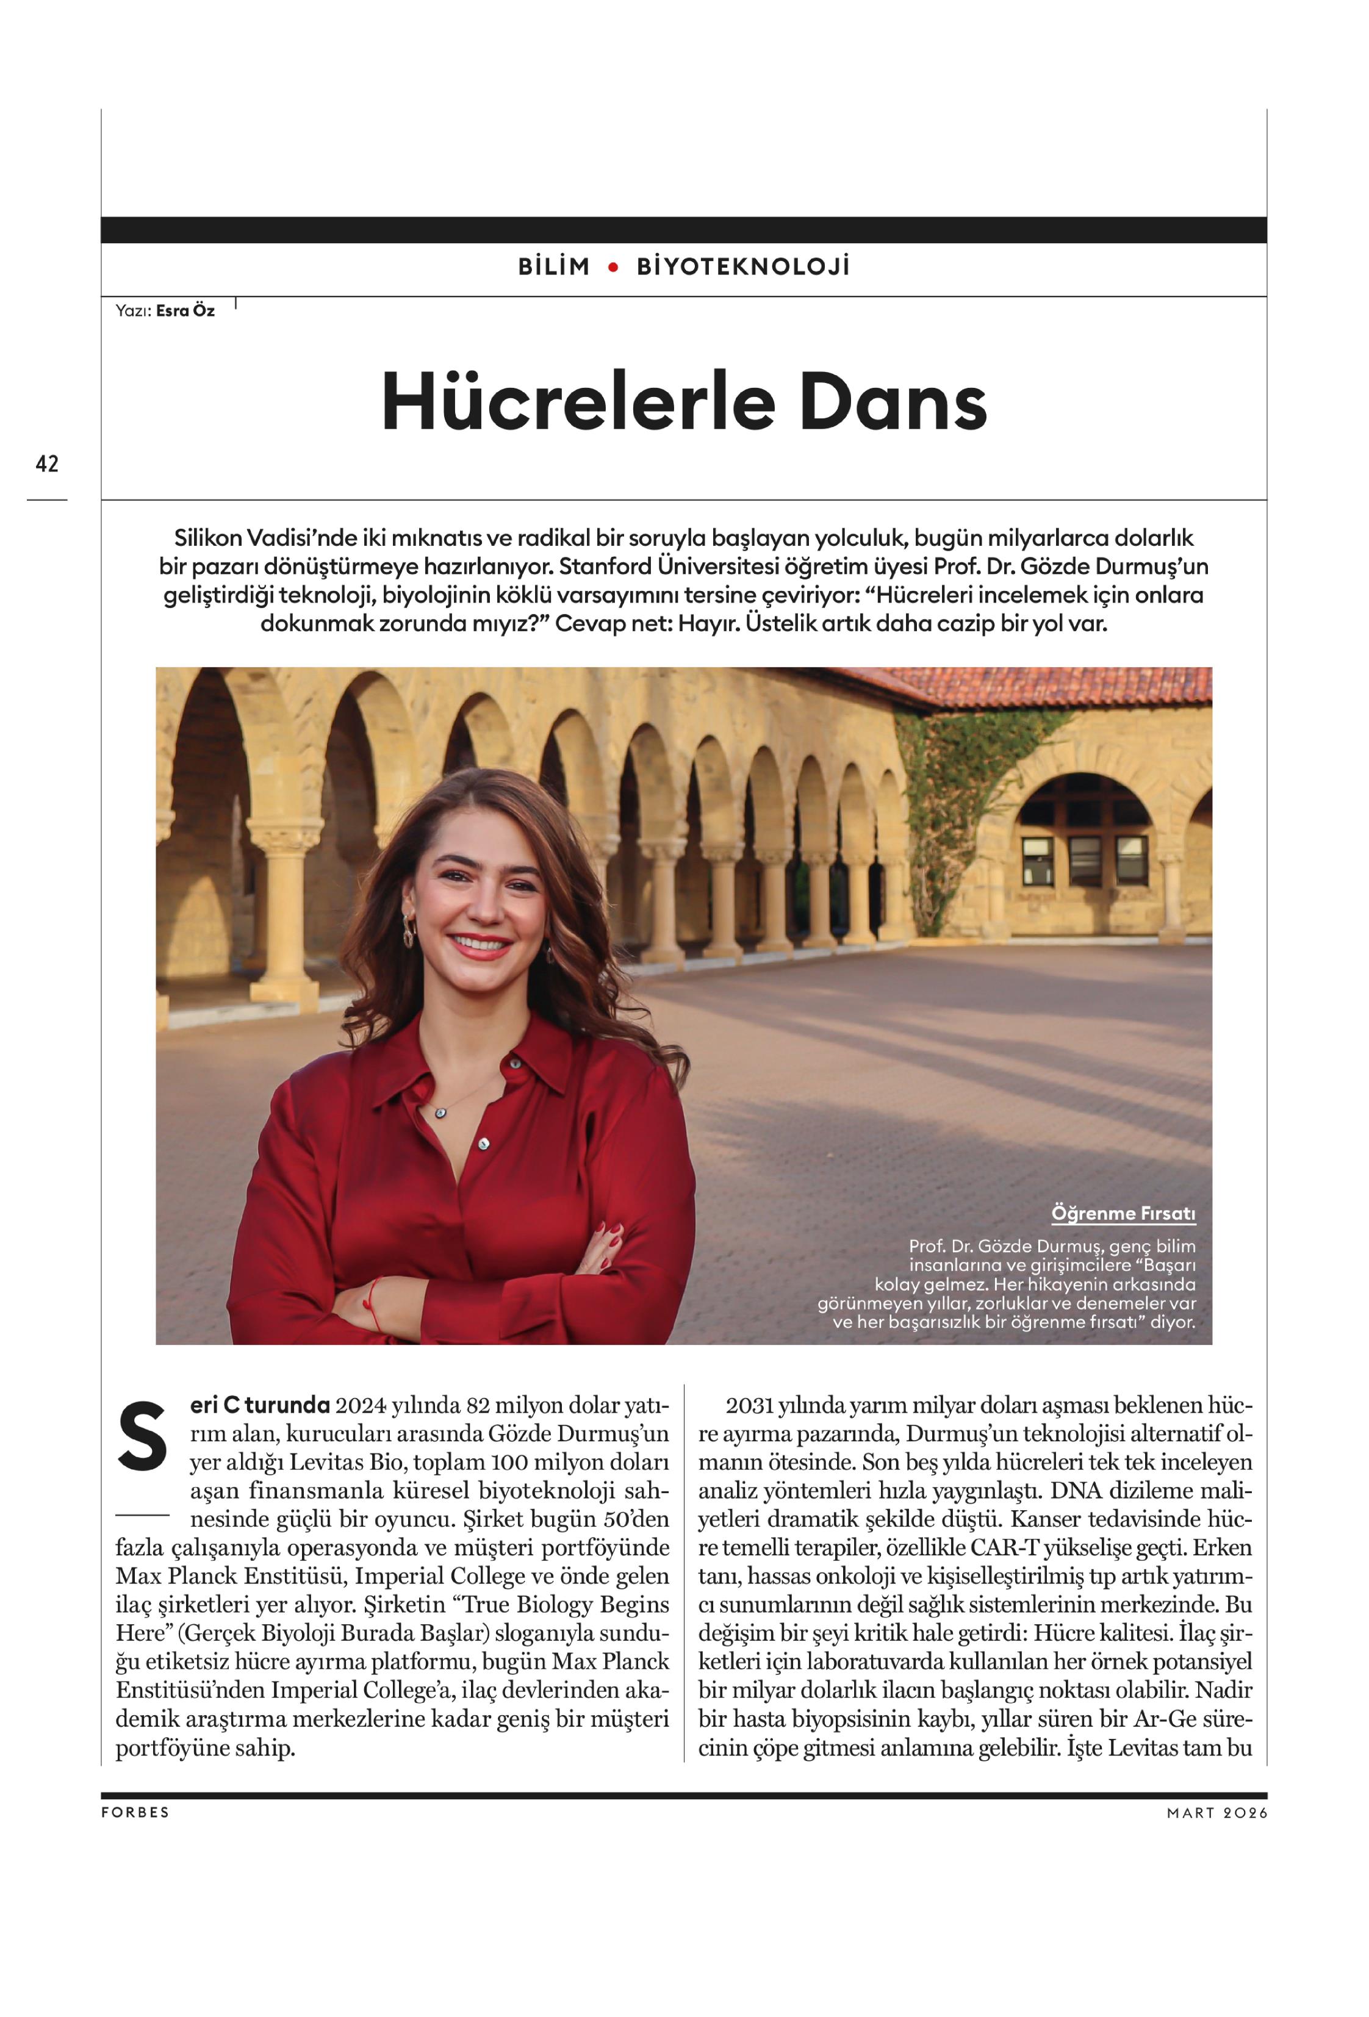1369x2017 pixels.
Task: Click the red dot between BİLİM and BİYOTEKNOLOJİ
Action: tap(613, 267)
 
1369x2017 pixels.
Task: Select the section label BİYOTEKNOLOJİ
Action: tap(743, 267)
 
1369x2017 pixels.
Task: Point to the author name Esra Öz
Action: tap(185, 310)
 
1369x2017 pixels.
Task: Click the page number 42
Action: tap(47, 464)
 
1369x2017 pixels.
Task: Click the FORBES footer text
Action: tap(135, 1812)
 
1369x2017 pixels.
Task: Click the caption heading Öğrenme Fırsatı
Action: tap(1123, 1213)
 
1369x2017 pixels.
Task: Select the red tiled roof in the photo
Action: tap(1042, 686)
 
